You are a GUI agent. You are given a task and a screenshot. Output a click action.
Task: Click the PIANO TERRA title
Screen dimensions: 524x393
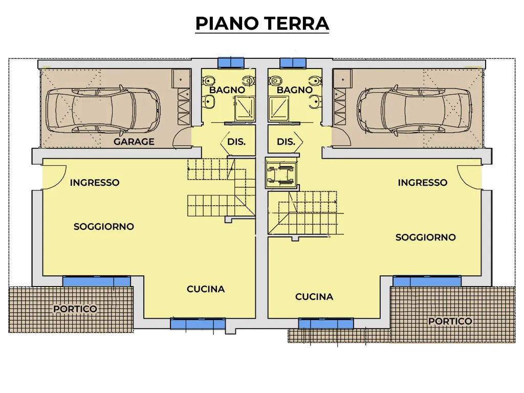(262, 23)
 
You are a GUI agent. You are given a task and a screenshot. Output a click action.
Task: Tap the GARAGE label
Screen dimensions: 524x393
(134, 142)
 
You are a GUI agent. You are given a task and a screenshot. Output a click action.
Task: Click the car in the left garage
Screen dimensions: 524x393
(103, 111)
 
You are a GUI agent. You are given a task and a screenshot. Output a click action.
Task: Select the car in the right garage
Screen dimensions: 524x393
(414, 111)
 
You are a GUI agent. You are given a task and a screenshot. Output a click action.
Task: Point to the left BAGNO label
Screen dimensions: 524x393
(227, 90)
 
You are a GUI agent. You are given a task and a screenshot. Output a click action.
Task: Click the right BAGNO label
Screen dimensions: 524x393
(295, 90)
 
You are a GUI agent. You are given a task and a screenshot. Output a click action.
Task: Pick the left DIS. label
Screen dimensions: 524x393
(236, 142)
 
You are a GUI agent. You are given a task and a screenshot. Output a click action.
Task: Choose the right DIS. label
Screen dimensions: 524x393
(286, 142)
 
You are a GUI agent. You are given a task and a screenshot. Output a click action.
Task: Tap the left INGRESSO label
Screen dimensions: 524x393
(95, 183)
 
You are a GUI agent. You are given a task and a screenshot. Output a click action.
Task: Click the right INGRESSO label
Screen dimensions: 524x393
(422, 183)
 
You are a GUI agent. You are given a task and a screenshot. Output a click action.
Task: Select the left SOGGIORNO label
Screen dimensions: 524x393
(104, 227)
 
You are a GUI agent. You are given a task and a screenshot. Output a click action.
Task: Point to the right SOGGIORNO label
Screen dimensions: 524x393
(426, 237)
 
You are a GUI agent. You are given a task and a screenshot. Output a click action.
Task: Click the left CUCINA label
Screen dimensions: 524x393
(206, 289)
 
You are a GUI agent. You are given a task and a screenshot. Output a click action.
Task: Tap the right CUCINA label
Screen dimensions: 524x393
(314, 297)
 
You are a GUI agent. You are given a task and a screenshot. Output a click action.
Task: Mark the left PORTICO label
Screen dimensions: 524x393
(76, 309)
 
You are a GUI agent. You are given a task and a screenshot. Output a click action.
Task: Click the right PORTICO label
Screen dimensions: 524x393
(450, 321)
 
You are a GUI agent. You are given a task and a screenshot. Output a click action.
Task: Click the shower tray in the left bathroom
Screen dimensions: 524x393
(245, 108)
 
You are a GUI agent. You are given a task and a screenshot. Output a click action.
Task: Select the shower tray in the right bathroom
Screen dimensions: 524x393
(279, 108)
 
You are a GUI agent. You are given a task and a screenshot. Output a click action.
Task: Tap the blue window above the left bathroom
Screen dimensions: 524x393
(231, 63)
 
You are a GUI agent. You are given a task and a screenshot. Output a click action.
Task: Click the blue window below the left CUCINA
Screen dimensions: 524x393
(198, 324)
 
